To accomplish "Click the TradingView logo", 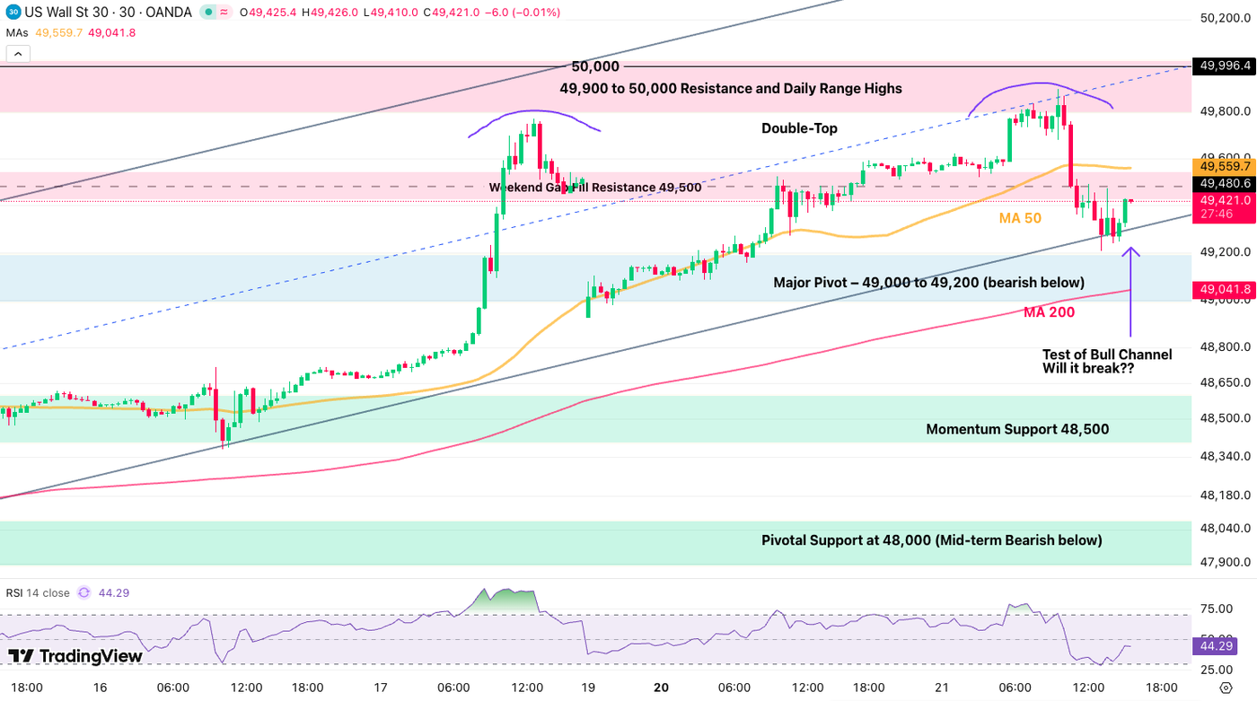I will pyautogui.click(x=75, y=656).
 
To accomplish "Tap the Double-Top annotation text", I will pyautogui.click(x=799, y=128).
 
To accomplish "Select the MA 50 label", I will pyautogui.click(x=1020, y=218).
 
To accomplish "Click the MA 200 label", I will pyautogui.click(x=1049, y=312).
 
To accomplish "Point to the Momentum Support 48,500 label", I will pyautogui.click(x=1017, y=429).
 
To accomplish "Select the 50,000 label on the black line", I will pyautogui.click(x=595, y=66).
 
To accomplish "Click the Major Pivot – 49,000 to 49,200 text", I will pyautogui.click(x=928, y=283).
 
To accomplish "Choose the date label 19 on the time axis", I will pyautogui.click(x=588, y=688).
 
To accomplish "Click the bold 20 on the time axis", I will pyautogui.click(x=661, y=688).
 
